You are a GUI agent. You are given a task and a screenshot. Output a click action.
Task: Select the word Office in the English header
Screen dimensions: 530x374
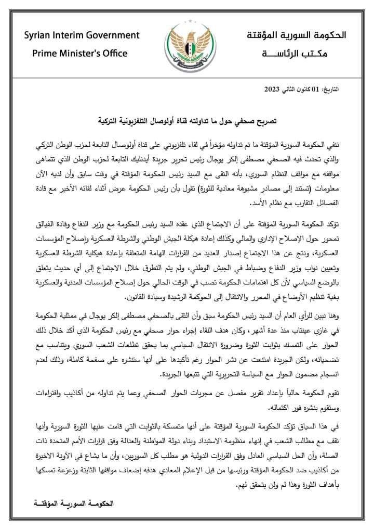point(113,53)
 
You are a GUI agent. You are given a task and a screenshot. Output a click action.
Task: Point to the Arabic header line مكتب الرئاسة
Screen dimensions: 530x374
point(302,53)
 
